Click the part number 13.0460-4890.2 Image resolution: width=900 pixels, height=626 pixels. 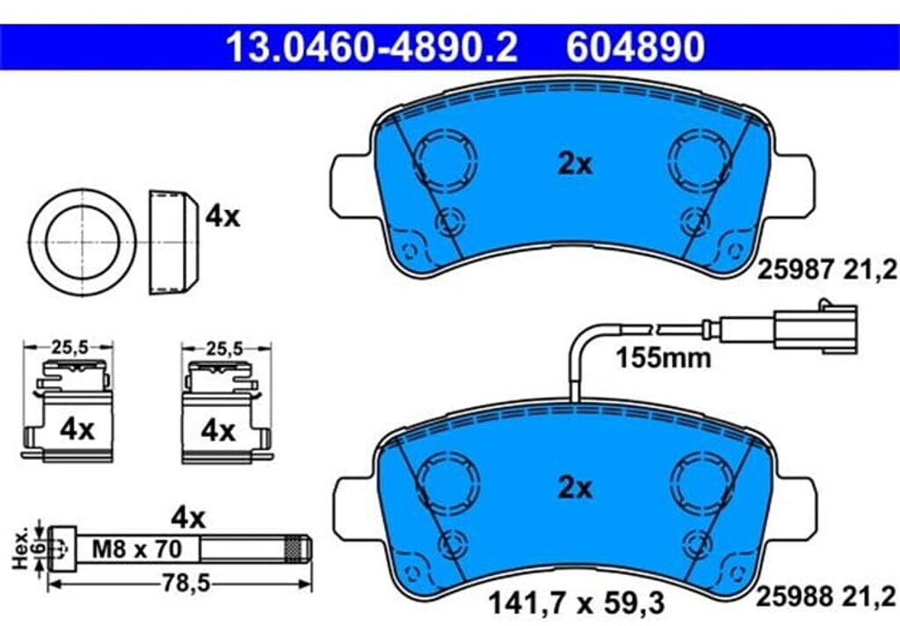(x=372, y=47)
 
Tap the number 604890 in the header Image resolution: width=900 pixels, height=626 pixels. (x=635, y=47)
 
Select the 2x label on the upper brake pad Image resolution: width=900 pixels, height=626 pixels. (x=575, y=164)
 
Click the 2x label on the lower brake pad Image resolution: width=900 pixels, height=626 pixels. (x=575, y=488)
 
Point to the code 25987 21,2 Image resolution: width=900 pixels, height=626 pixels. (x=826, y=269)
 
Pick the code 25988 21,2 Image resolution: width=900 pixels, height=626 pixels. (x=826, y=596)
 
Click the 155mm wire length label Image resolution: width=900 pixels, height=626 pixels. (x=663, y=359)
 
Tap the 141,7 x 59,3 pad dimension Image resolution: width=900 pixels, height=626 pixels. (x=576, y=603)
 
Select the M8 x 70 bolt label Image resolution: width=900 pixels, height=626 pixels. (x=136, y=549)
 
